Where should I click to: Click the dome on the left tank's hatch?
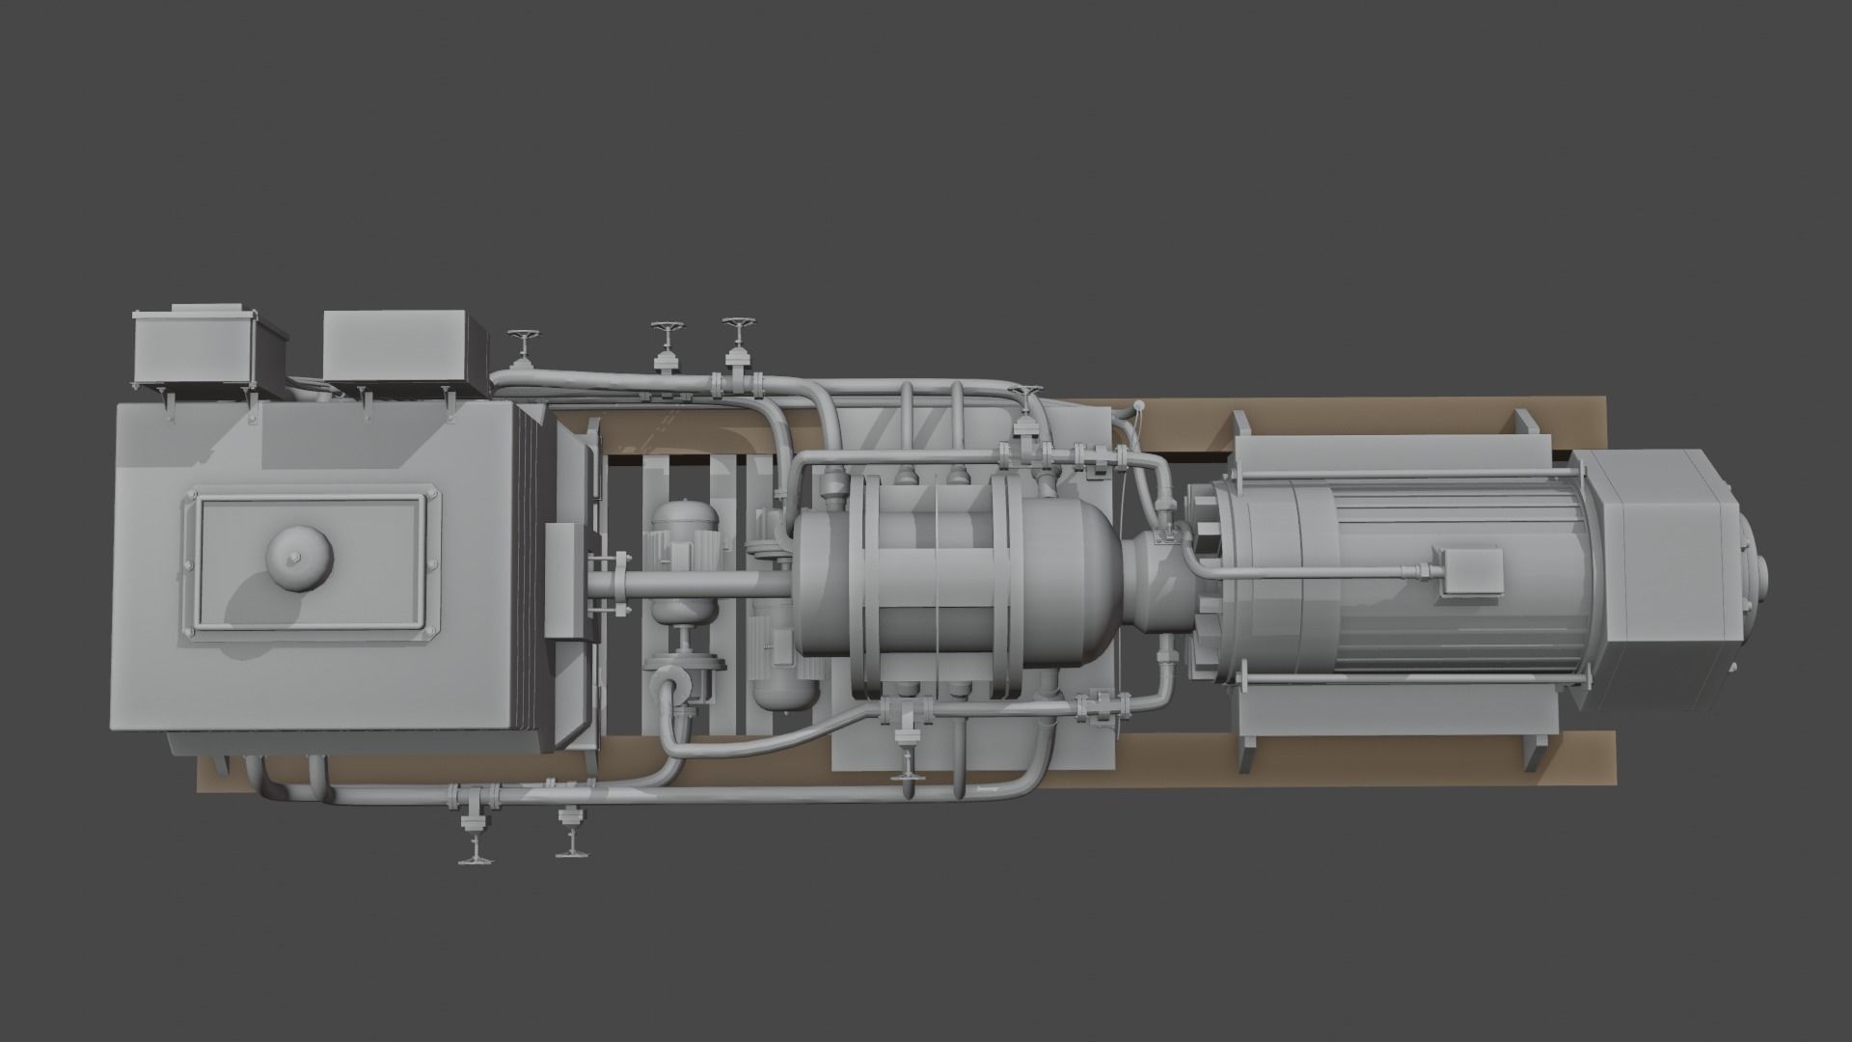point(299,557)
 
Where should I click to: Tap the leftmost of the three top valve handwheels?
point(525,339)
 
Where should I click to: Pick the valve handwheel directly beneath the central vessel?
point(907,772)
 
